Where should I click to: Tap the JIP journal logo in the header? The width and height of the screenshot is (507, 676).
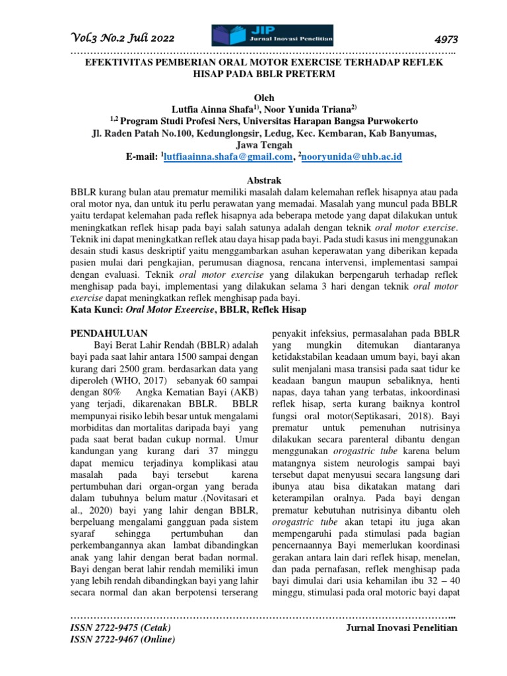[x=272, y=36]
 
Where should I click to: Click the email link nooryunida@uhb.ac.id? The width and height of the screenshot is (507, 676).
[x=353, y=156]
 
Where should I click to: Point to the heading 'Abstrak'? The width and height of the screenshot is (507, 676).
[x=263, y=180]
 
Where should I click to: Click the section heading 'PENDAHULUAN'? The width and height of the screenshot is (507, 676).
[x=109, y=333]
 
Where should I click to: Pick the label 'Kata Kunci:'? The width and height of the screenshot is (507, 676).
[x=96, y=309]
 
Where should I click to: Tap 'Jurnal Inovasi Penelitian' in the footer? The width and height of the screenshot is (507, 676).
[x=401, y=628]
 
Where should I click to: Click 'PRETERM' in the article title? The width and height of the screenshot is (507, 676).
[x=311, y=74]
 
